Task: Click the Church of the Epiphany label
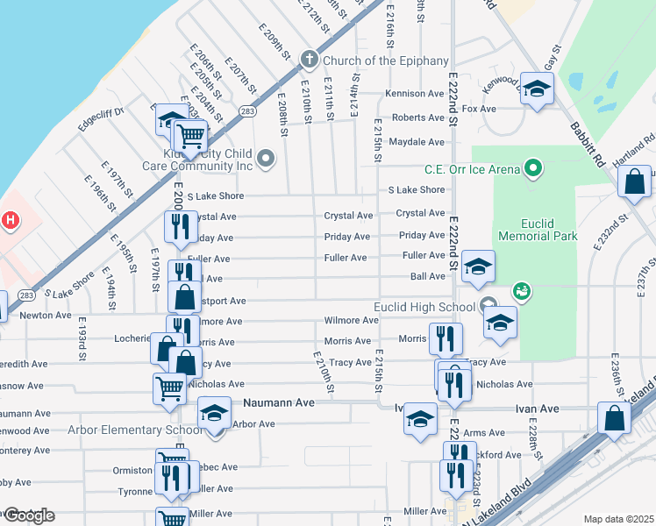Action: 385,60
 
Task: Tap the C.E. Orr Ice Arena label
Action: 473,169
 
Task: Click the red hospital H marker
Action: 9,220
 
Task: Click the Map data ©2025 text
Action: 618,519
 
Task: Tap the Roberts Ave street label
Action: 418,117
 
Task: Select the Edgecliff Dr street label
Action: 102,118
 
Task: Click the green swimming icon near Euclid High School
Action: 521,289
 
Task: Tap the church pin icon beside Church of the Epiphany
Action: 308,60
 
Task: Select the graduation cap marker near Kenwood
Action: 536,88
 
